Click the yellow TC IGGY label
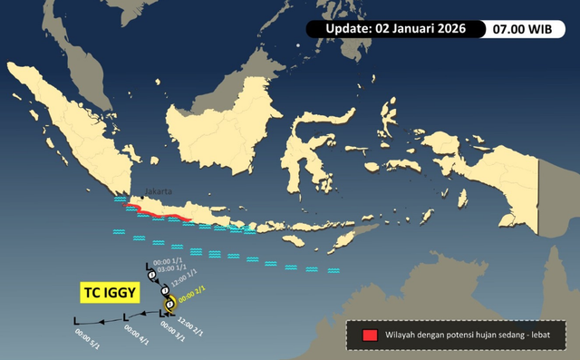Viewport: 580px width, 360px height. point(106,293)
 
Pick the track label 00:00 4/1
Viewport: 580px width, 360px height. point(129,335)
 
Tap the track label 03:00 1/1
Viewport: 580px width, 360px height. point(171,269)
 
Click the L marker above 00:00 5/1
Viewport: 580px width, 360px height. point(76,320)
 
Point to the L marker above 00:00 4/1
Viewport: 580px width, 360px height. point(125,318)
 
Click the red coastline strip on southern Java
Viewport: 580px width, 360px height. point(159,214)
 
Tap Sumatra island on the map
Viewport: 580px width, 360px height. point(82,127)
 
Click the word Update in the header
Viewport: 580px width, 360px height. point(345,29)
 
